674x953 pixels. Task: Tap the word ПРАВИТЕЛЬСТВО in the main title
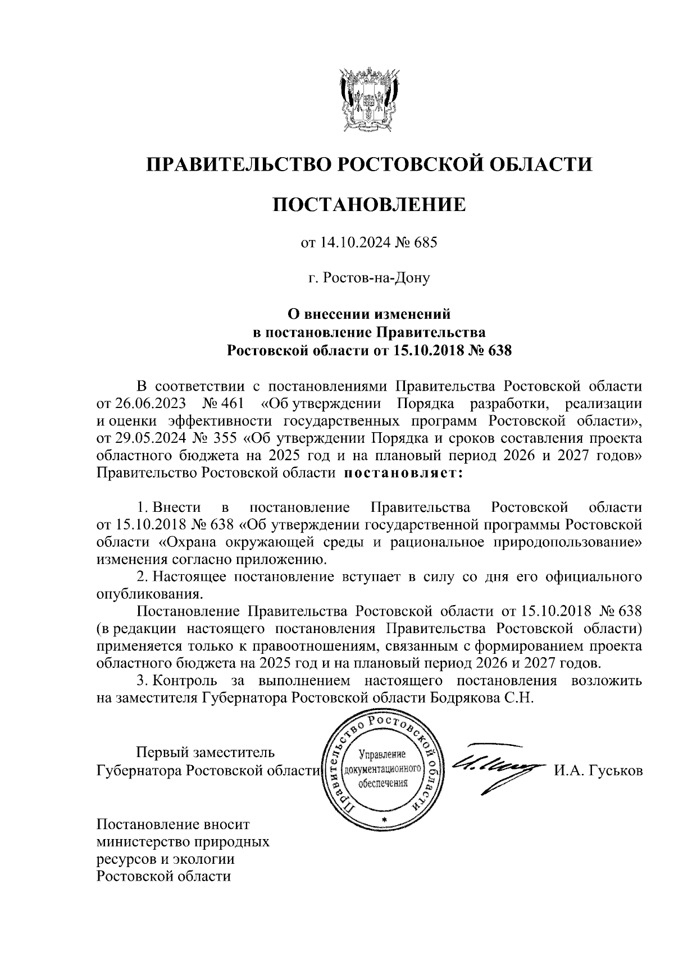tap(236, 164)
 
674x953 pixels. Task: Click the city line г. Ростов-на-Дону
tap(368, 278)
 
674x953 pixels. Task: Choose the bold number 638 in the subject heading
tap(500, 351)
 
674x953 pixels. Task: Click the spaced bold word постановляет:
tap(403, 473)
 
